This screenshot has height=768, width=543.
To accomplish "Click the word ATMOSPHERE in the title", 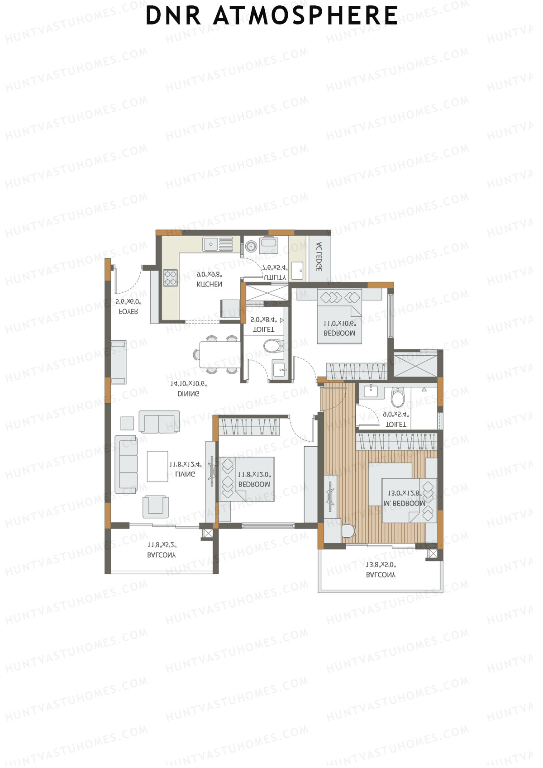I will tap(305, 15).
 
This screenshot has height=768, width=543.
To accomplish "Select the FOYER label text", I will tap(128, 312).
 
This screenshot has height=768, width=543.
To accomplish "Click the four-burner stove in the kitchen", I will tap(171, 278).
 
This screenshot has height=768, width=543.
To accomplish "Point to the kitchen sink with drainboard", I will tap(218, 244).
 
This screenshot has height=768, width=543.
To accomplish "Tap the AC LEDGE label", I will tap(319, 257).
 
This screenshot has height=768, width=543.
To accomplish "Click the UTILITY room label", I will tap(275, 277).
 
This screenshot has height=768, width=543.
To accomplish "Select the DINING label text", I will tap(188, 394).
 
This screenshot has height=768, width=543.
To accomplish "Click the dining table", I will tap(219, 354).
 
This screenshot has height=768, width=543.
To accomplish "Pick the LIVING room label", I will tap(185, 474).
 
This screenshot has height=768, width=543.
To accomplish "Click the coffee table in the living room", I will tap(157, 466).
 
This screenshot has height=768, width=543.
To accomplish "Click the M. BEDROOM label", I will tap(404, 503).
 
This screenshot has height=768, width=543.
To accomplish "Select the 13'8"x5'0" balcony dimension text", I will tap(381, 565).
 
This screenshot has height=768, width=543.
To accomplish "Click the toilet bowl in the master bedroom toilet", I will tap(398, 398).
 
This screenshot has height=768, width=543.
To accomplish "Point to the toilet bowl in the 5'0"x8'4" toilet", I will tap(273, 346).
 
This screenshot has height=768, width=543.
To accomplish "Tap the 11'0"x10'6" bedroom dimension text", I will tap(339, 324).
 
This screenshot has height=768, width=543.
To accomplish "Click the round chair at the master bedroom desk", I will tap(348, 530).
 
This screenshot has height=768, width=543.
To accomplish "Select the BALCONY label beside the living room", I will tap(162, 555).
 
